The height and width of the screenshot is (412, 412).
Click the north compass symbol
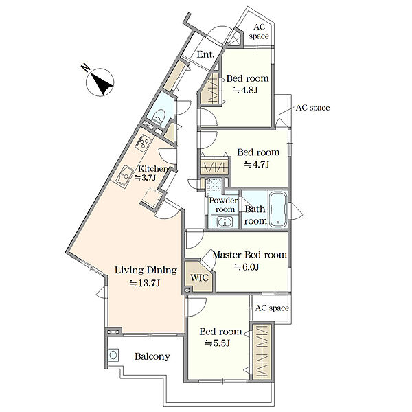click(x=100, y=82)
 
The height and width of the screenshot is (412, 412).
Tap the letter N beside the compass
click(x=86, y=67)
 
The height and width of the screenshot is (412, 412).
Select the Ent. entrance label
click(x=205, y=54)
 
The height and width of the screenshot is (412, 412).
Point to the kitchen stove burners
click(x=144, y=142)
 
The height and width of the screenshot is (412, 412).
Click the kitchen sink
click(x=124, y=176)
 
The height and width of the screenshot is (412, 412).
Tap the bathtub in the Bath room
click(x=278, y=209)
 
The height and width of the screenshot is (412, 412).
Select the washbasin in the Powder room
click(x=225, y=222)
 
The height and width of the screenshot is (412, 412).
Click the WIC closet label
click(x=199, y=277)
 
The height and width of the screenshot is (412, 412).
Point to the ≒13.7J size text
click(x=145, y=283)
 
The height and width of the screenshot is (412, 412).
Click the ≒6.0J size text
click(x=247, y=267)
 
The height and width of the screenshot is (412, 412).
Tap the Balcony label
click(x=152, y=356)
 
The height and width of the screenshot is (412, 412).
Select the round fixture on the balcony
click(x=113, y=355)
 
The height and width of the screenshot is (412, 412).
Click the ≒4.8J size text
click(x=245, y=90)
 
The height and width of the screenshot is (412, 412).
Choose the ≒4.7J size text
click(x=256, y=165)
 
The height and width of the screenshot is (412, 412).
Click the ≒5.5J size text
click(x=218, y=343)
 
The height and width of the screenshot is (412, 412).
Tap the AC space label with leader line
click(x=312, y=108)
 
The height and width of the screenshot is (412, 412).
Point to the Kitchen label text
click(x=152, y=168)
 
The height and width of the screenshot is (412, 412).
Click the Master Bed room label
click(x=249, y=255)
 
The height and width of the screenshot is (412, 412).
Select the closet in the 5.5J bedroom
click(x=262, y=352)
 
